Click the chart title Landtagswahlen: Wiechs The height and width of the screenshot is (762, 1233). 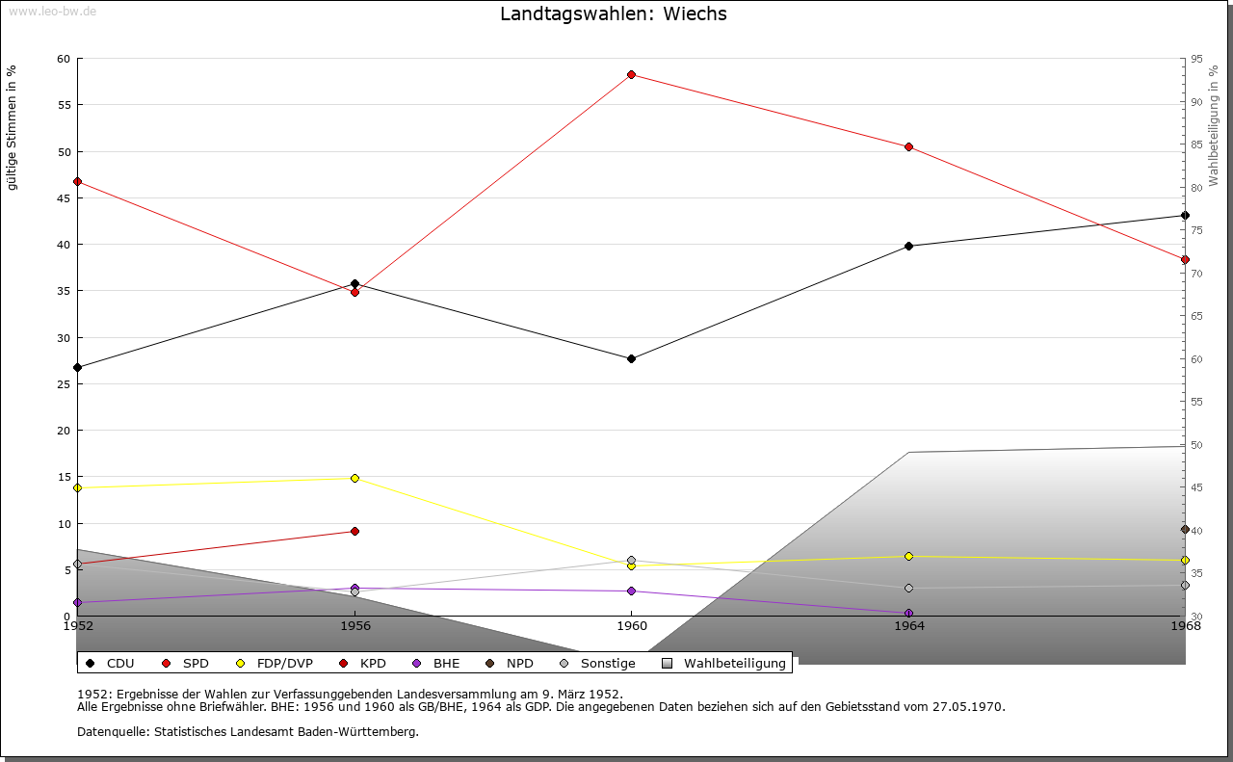(x=614, y=14)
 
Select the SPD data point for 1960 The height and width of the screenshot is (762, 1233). (x=631, y=74)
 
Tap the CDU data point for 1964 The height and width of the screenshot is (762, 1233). (x=908, y=246)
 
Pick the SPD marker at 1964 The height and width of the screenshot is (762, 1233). (x=908, y=146)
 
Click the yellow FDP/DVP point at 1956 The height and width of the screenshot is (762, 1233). (x=354, y=478)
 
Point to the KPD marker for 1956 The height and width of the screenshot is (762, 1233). (x=354, y=531)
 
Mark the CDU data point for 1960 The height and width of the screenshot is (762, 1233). (x=631, y=358)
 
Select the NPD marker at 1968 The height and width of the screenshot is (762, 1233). (x=1185, y=529)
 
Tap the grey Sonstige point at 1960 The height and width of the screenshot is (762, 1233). (x=631, y=560)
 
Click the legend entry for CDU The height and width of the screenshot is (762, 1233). (x=110, y=663)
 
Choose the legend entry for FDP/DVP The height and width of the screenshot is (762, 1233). (x=275, y=663)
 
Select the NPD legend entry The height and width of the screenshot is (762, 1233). (x=510, y=663)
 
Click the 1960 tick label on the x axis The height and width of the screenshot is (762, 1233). (x=631, y=625)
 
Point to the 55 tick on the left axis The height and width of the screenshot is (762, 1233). (x=64, y=105)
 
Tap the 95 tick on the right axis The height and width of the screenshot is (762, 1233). (x=1195, y=59)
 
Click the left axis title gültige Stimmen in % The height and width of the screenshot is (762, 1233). (x=13, y=127)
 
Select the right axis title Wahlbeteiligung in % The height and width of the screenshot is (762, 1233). (x=1214, y=125)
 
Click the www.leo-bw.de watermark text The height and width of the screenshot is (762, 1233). (x=49, y=10)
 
